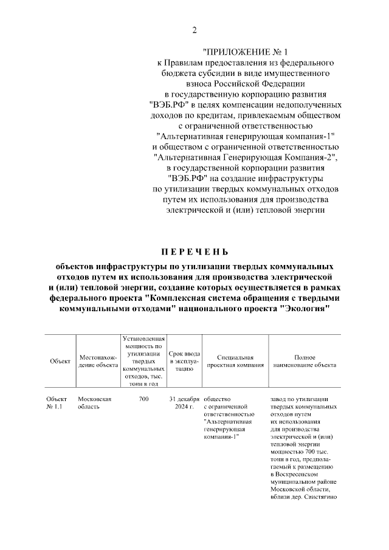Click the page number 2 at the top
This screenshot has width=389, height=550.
(x=194, y=30)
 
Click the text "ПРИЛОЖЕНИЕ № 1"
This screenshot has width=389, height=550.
(x=246, y=53)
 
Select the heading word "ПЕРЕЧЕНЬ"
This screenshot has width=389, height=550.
(x=194, y=251)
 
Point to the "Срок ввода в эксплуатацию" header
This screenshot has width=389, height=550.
(x=184, y=361)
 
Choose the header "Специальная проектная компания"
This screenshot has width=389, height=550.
(x=235, y=361)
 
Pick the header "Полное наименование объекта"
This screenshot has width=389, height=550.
(x=304, y=361)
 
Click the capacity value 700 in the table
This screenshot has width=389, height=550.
(x=143, y=399)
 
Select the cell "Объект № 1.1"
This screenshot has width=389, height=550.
(x=55, y=403)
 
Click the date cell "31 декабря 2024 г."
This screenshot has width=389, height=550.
(x=184, y=403)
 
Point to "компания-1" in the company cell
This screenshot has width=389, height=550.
(x=222, y=436)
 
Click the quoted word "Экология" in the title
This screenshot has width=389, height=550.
(x=306, y=308)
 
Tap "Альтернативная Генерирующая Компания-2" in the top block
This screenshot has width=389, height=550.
(x=246, y=157)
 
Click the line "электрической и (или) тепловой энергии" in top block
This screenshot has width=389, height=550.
(x=246, y=210)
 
